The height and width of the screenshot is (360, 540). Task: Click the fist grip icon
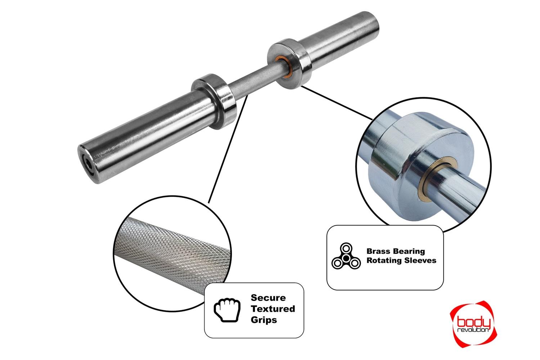click(x=227, y=310)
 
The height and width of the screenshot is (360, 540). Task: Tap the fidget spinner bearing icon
click(x=346, y=256)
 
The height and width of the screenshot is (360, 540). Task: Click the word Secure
click(x=268, y=298)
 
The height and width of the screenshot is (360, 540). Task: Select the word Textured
click(x=273, y=309)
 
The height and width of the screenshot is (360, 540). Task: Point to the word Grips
click(x=264, y=320)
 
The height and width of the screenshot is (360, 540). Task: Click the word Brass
click(x=378, y=251)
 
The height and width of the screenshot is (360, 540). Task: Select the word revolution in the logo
click(x=473, y=330)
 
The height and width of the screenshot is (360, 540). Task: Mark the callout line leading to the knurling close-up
click(x=228, y=149)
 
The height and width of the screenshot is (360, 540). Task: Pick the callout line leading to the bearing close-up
click(x=337, y=103)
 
